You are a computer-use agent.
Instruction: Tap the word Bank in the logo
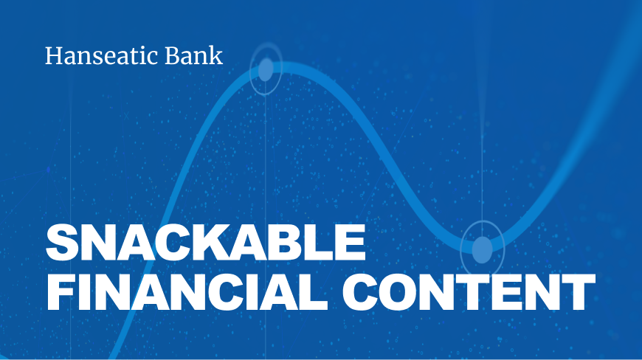click(194, 55)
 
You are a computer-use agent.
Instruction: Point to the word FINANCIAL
click(187, 292)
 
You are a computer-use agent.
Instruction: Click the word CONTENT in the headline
click(469, 292)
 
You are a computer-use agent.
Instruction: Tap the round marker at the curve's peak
click(266, 69)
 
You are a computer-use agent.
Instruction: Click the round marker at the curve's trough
click(483, 249)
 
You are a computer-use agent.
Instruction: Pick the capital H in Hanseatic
click(55, 56)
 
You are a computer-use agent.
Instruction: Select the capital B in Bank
click(173, 56)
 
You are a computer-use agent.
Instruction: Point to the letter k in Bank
click(217, 55)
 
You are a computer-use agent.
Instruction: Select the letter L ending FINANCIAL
click(315, 292)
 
